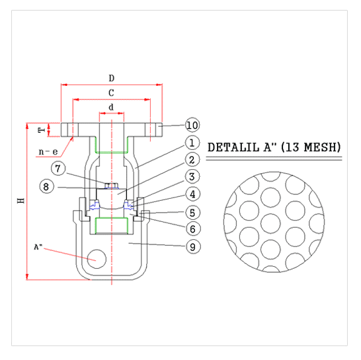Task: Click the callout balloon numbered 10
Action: pyautogui.click(x=192, y=125)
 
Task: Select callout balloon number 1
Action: pyautogui.click(x=192, y=143)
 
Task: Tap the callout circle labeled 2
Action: pyautogui.click(x=192, y=160)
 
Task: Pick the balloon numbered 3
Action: pyautogui.click(x=192, y=176)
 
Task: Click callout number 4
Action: pyautogui.click(x=192, y=194)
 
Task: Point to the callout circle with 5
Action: pyautogui.click(x=192, y=213)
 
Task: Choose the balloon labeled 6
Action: pyautogui.click(x=192, y=229)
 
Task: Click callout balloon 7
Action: pyautogui.click(x=58, y=168)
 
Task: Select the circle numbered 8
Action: pyautogui.click(x=46, y=186)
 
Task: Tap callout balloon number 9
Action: pyautogui.click(x=192, y=246)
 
